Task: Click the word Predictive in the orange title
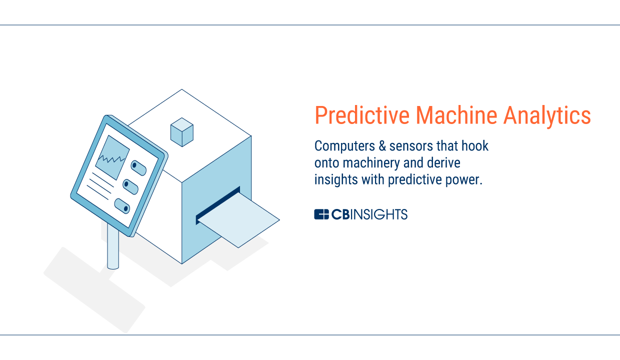tap(362, 115)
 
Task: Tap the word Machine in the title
tap(456, 115)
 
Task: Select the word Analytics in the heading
tap(547, 116)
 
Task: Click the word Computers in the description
tap(344, 146)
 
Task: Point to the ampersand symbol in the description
tap(382, 146)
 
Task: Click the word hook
tap(475, 146)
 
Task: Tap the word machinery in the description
tap(371, 163)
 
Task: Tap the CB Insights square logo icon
tap(321, 214)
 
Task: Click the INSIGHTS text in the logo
tap(379, 214)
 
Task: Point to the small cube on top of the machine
tap(182, 132)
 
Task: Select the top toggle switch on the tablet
tap(138, 168)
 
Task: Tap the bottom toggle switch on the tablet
tap(122, 206)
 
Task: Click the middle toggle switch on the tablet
tap(130, 187)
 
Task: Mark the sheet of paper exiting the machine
tap(238, 220)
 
